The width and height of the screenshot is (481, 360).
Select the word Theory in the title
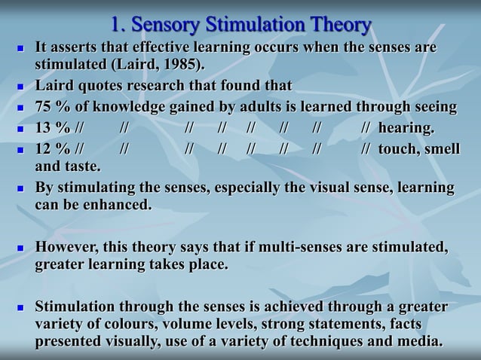pyautogui.click(x=336, y=25)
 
